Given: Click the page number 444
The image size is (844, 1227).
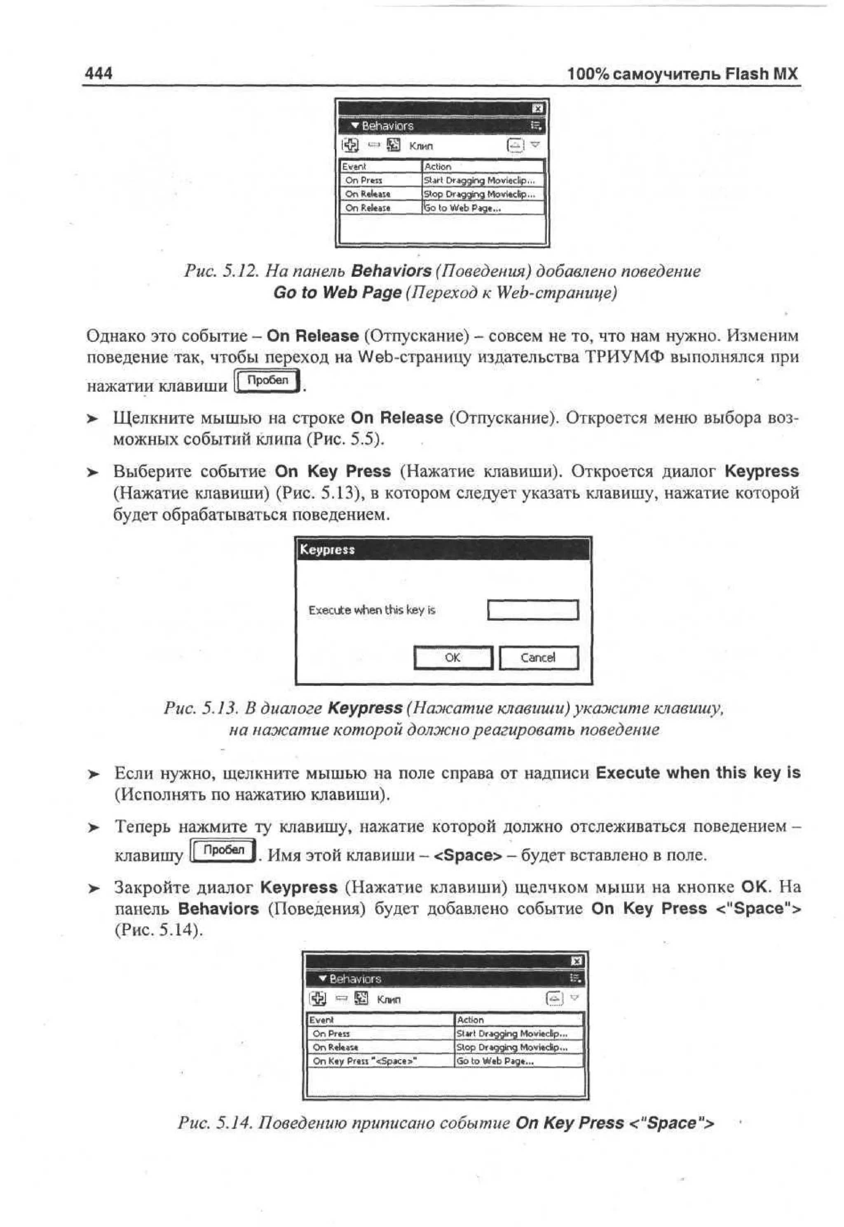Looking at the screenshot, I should (98, 73).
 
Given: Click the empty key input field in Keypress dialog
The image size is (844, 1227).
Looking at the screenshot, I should (532, 610).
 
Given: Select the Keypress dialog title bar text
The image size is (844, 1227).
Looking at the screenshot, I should (327, 550).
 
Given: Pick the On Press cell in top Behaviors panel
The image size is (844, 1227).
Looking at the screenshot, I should (380, 180).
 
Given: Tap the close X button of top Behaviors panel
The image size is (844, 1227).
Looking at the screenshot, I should (538, 108).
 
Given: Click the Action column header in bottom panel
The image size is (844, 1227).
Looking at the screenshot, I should (518, 1020).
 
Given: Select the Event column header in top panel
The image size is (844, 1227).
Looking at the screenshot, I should (380, 167).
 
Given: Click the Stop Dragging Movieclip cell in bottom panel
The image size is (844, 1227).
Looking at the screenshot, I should (518, 1047).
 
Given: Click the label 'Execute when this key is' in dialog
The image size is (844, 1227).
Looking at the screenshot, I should (372, 610).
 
